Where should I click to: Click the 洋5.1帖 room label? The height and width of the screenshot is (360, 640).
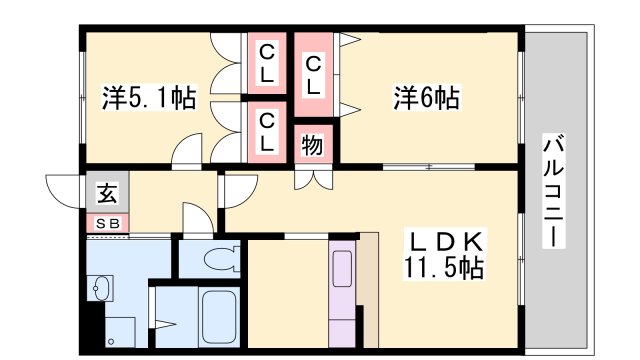pos(149,98)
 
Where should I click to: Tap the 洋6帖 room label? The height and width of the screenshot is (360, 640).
pos(425,98)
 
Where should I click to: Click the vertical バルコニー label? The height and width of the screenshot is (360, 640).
pos(553,190)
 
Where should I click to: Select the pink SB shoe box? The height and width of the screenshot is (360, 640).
pos(106,224)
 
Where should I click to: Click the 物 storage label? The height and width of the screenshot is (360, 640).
pos(312,145)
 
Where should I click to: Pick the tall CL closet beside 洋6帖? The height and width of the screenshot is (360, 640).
pos(314,76)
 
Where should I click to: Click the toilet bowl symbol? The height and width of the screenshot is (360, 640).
pos(218,260)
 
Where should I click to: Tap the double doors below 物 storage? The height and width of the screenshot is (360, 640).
pos(312,180)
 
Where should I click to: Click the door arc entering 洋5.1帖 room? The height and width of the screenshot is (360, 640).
pos(188,153)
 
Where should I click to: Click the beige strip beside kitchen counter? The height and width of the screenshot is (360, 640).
pos(368,290)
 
